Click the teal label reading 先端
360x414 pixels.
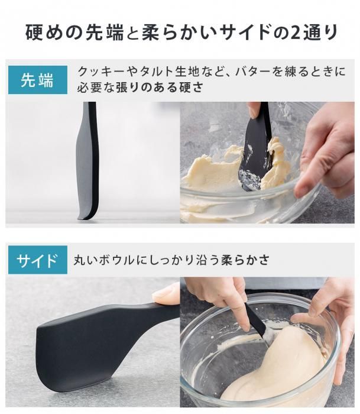pyautogui.click(x=38, y=80)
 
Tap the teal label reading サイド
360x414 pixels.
pyautogui.click(x=38, y=260)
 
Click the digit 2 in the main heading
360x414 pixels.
pyautogui.click(x=296, y=33)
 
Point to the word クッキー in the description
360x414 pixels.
pyautogui.click(x=99, y=72)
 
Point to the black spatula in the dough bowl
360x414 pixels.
pyautogui.click(x=255, y=321)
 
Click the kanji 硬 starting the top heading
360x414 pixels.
pyautogui.click(x=34, y=33)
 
